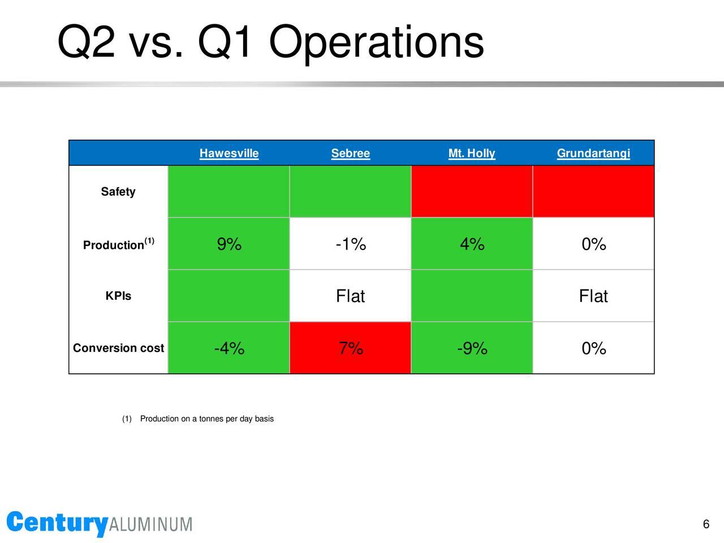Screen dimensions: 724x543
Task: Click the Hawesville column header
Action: pyautogui.click(x=229, y=153)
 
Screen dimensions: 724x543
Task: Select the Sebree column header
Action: pyautogui.click(x=350, y=153)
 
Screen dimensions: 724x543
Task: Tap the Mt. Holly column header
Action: pyautogui.click(x=472, y=153)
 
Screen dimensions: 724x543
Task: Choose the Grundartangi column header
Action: pyautogui.click(x=593, y=153)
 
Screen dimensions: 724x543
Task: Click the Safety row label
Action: pyautogui.click(x=118, y=192)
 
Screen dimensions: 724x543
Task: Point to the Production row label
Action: pyautogui.click(x=118, y=244)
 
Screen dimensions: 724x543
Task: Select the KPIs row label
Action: pyautogui.click(x=118, y=296)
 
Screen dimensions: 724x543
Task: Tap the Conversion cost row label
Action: pyautogui.click(x=118, y=348)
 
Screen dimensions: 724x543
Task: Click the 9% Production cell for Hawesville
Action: pyautogui.click(x=229, y=244)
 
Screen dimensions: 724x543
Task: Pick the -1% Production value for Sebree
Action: pyautogui.click(x=351, y=244)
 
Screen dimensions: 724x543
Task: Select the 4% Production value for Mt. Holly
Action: pyautogui.click(x=472, y=244)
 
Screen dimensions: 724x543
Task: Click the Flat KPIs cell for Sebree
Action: pyautogui.click(x=350, y=296)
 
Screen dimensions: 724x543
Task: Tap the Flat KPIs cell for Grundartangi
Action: pyautogui.click(x=593, y=296)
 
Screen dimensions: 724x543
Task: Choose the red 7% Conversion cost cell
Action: pyautogui.click(x=350, y=348)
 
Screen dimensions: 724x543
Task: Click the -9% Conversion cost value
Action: pyautogui.click(x=472, y=348)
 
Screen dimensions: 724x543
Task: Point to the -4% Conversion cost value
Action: pyautogui.click(x=229, y=348)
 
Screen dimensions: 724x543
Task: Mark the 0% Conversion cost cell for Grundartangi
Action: pyautogui.click(x=593, y=348)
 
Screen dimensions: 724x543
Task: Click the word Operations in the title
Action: pyautogui.click(x=376, y=43)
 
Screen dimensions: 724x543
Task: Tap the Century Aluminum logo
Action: pyautogui.click(x=100, y=524)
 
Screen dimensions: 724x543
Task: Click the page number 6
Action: pyautogui.click(x=706, y=524)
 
